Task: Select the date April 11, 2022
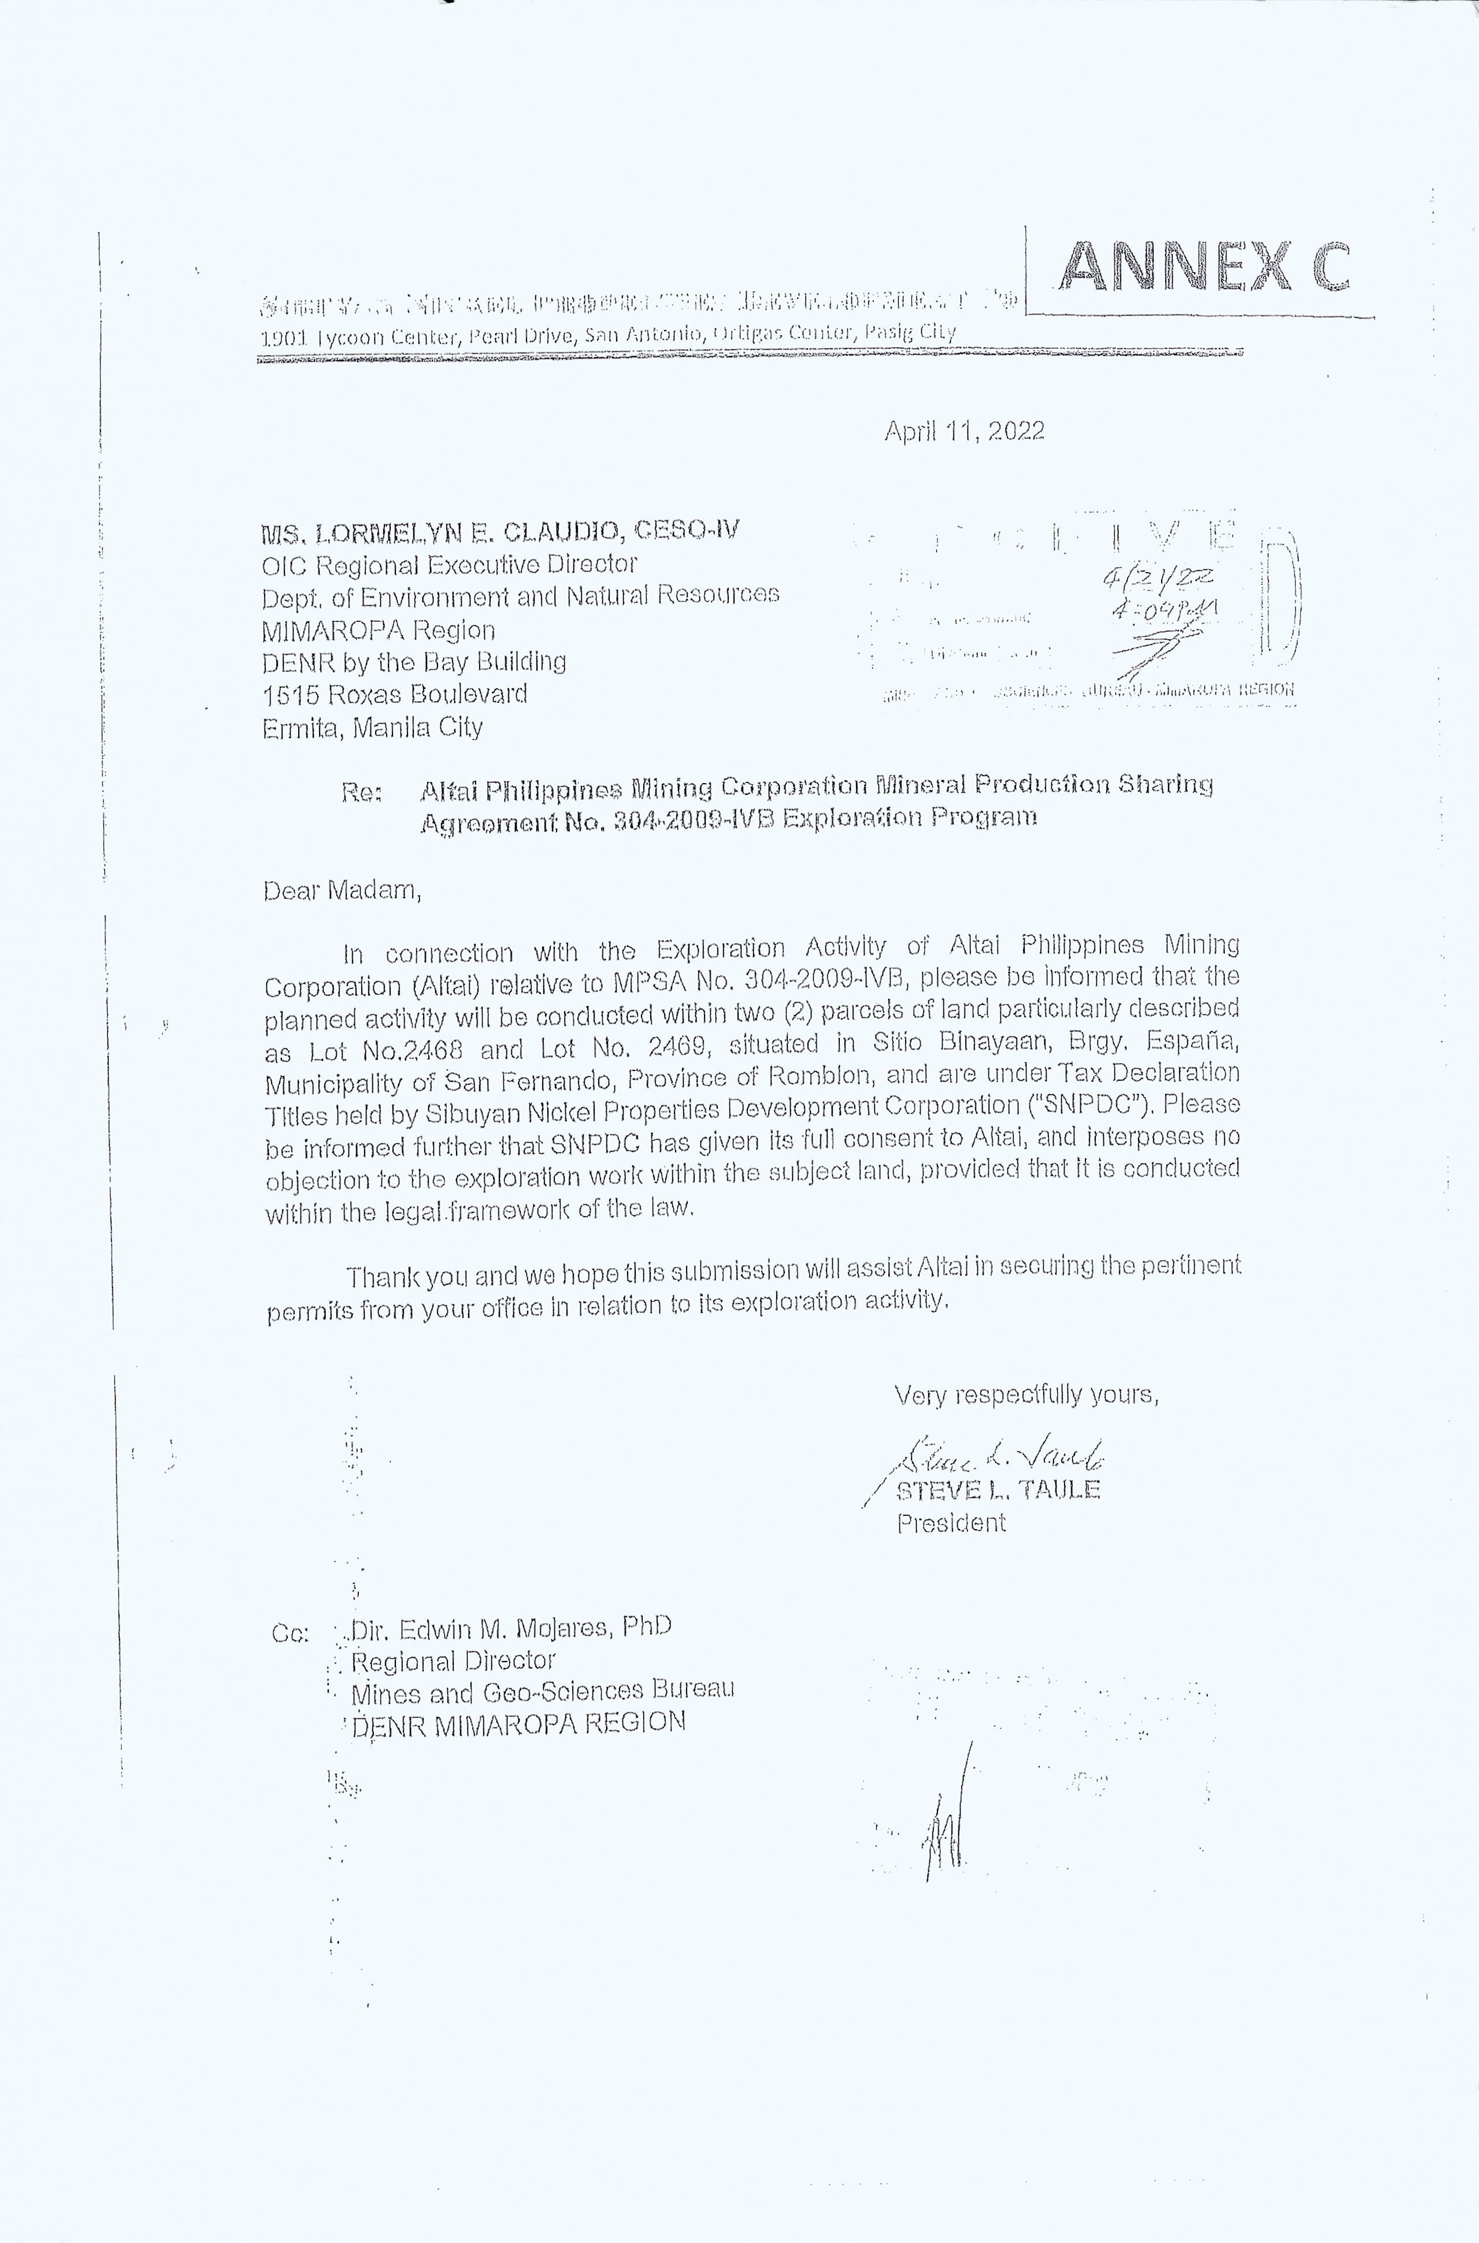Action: pos(964,431)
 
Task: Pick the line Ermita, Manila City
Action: pos(373,727)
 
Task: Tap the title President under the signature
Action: pos(951,1523)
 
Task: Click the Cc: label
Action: pos(290,1634)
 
